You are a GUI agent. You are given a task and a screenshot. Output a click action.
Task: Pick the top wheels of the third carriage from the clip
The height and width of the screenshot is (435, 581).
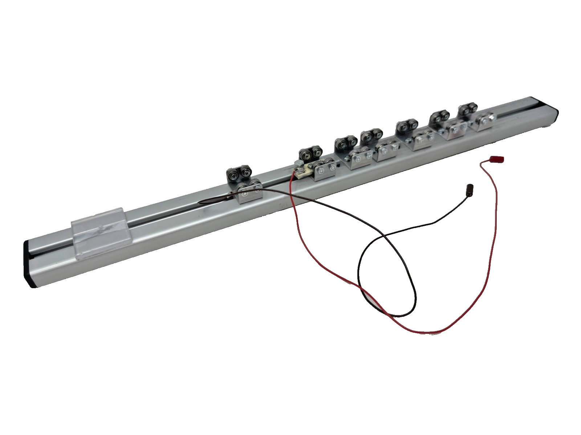tap(346, 143)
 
